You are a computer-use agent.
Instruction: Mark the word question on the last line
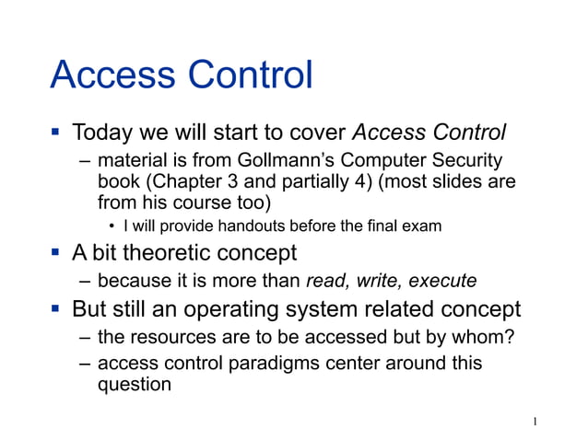[134, 385]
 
